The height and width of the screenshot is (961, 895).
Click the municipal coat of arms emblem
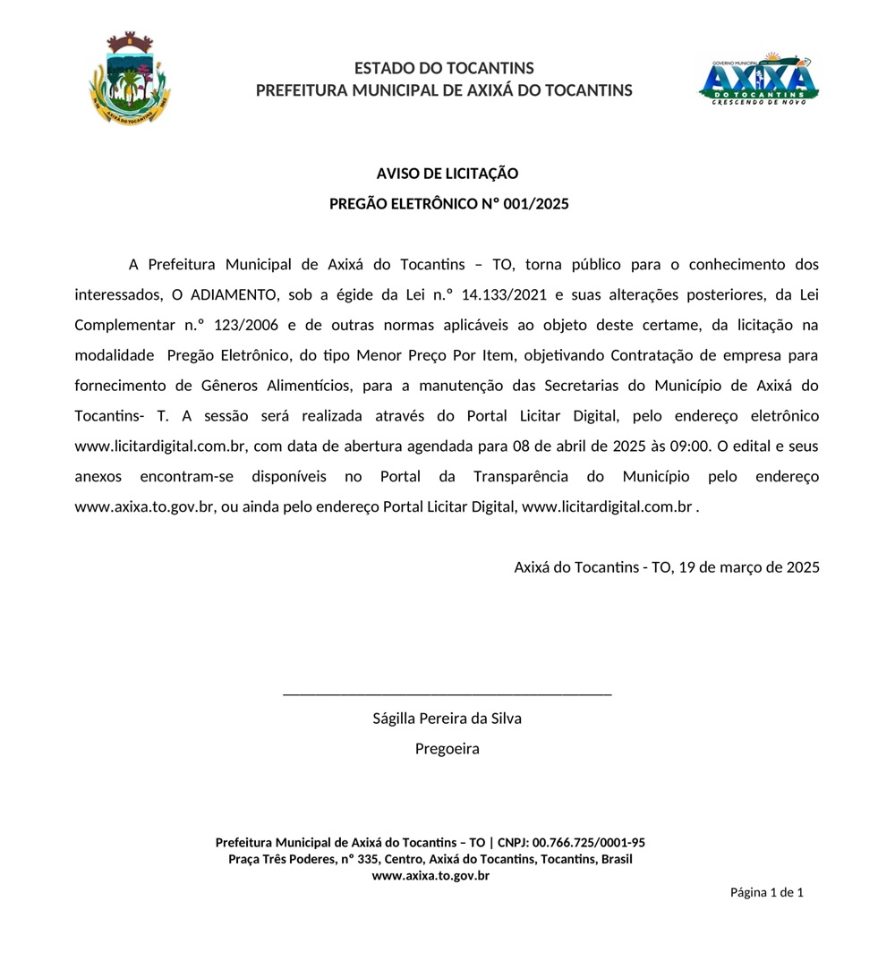click(x=131, y=78)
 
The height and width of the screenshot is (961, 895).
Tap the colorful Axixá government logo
click(x=758, y=79)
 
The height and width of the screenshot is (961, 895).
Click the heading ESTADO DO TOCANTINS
click(x=444, y=68)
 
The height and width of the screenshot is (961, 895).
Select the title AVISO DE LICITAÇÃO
click(x=447, y=174)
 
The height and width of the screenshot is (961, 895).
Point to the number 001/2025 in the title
click(x=536, y=204)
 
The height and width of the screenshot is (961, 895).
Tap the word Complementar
click(x=120, y=325)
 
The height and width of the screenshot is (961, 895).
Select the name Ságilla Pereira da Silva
click(x=447, y=719)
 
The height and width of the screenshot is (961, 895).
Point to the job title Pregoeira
click(x=447, y=749)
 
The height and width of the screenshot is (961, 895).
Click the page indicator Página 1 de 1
click(x=766, y=892)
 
